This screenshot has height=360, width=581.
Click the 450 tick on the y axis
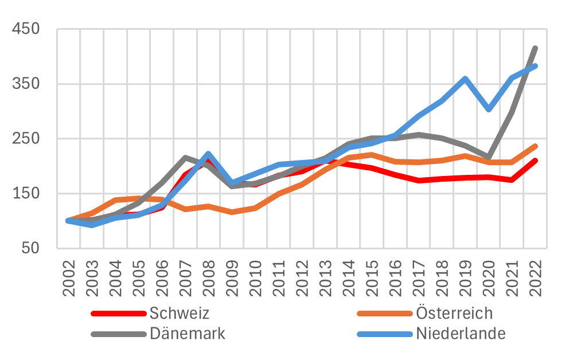point(28,29)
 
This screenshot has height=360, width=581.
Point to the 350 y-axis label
point(28,84)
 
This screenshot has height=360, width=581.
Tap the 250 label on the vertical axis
point(28,139)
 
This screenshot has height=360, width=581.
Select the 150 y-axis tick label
point(28,194)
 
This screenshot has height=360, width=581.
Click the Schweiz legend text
point(179,314)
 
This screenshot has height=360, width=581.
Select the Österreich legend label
point(454,314)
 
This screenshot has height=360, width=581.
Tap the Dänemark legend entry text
point(187,334)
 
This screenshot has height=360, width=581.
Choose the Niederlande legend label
point(461,334)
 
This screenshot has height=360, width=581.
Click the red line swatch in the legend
point(119,314)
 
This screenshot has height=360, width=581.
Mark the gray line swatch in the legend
point(119,334)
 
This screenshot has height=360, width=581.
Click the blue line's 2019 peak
point(465,79)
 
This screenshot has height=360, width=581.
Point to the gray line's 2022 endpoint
point(535,48)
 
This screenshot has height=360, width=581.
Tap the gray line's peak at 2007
point(185,158)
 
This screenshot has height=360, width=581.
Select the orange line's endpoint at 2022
point(535,146)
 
